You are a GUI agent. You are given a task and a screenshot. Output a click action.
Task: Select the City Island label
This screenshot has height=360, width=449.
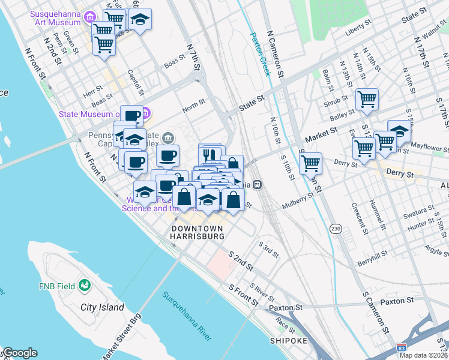point(102,307)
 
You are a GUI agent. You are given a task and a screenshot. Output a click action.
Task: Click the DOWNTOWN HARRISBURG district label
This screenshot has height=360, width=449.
point(197,233)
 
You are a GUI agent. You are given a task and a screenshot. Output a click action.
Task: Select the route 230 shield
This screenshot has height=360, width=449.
point(336,229)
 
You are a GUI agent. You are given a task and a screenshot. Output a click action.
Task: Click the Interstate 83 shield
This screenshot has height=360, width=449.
point(401,347)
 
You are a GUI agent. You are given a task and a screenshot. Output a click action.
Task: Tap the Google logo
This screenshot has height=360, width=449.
point(19,353)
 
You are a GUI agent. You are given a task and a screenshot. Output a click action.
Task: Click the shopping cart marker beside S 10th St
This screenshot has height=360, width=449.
point(310,162)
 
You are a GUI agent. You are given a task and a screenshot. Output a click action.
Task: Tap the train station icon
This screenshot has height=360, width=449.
point(257,184)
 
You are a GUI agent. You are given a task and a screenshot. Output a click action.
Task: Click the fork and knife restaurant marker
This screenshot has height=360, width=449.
point(209,154)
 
